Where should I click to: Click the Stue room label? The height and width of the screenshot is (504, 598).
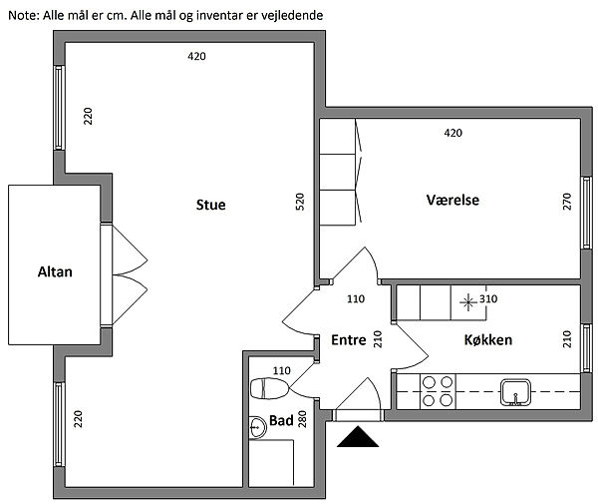[x=210, y=206]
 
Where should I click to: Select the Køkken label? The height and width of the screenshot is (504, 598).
[x=488, y=340]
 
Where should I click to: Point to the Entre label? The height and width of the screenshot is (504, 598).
[x=349, y=340]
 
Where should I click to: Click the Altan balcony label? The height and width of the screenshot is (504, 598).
[x=54, y=271]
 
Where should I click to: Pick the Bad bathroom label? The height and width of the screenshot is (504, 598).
[x=282, y=421]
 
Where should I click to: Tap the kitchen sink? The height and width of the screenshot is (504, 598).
[x=515, y=390]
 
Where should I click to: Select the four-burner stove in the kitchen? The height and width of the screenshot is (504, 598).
[x=436, y=390]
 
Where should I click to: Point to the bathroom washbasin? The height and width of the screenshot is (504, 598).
[x=257, y=426]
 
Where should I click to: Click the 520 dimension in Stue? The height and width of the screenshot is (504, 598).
[x=300, y=204]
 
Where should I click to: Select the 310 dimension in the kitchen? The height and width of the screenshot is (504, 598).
[x=488, y=298]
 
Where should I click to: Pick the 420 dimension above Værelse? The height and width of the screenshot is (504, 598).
[x=453, y=133]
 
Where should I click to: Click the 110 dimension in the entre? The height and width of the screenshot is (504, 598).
[x=356, y=298]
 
